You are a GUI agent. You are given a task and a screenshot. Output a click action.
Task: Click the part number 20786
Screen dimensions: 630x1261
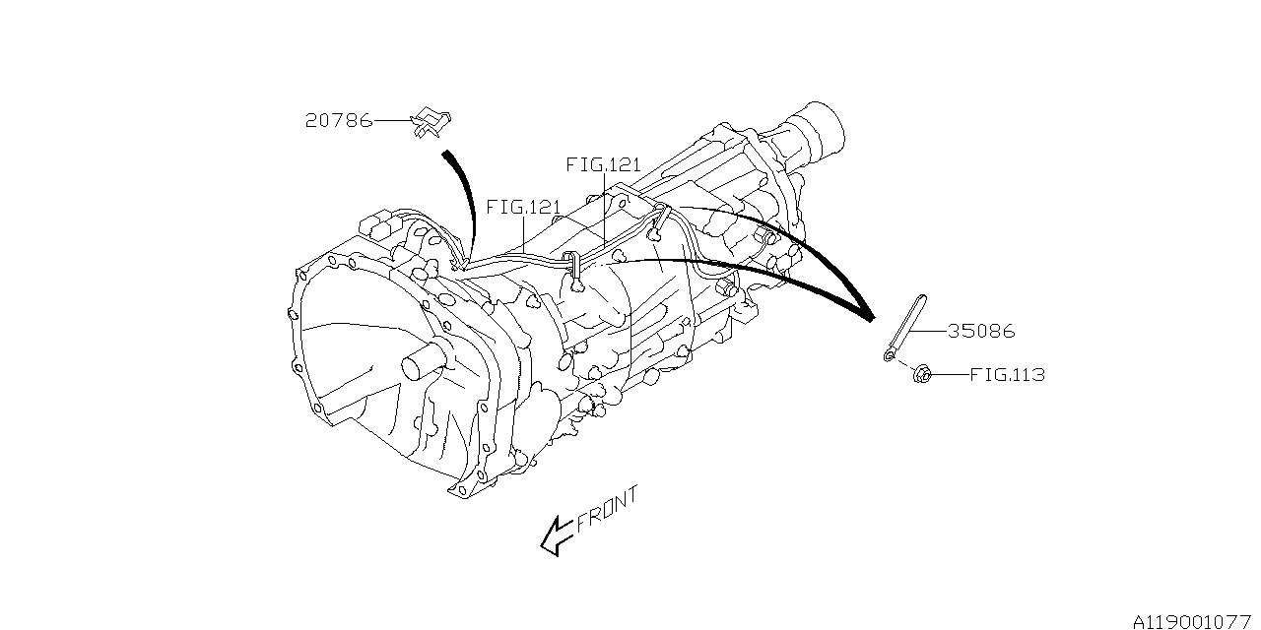click(x=338, y=121)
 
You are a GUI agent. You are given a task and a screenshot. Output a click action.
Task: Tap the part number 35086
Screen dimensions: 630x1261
click(x=981, y=332)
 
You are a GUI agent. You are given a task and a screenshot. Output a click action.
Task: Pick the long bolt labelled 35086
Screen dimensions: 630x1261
click(x=906, y=321)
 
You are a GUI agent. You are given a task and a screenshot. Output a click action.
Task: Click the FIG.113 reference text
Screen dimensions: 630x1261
click(x=1007, y=375)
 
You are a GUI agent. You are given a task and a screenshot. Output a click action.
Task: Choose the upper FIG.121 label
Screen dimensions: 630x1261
click(x=603, y=164)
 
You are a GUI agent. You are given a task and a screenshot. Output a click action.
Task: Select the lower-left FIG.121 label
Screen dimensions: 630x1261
click(x=523, y=208)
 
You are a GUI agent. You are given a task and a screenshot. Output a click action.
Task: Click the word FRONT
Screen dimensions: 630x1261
click(x=607, y=509)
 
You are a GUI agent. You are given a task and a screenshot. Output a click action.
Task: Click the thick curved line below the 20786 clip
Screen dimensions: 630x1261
click(x=462, y=192)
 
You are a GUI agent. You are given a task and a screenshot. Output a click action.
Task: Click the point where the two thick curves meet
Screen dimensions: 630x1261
click(x=870, y=317)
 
